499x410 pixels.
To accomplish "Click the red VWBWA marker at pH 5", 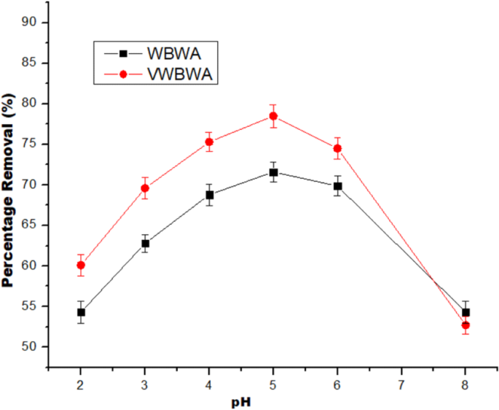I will coord(273,116).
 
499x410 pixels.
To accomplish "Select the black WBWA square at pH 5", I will coord(273,172).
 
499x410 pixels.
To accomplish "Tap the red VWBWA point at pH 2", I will coord(81,265).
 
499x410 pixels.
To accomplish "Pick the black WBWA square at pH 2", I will coord(81,312).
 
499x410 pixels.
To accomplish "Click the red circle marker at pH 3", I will coord(145,188).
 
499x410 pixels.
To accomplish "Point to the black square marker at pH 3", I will coord(145,243).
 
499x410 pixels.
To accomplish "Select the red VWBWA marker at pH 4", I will coord(209,142).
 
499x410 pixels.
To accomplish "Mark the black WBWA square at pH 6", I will coord(337,186).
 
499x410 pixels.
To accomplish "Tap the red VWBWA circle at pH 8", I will coord(465,325).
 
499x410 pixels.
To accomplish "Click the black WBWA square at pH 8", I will coord(465,312).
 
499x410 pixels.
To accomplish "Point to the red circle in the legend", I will coord(124,74).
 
